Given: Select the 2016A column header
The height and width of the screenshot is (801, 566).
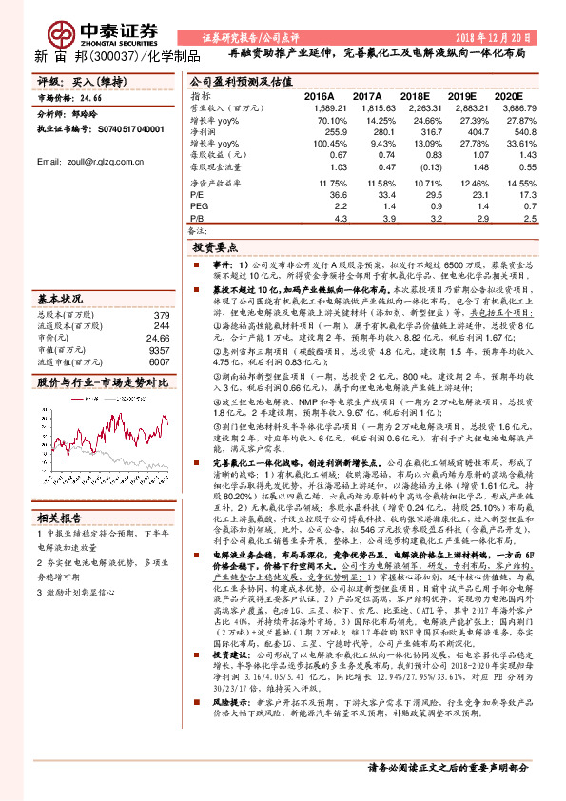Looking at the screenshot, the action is pyautogui.click(x=319, y=97).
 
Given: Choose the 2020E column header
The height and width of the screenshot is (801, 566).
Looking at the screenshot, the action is pyautogui.click(x=509, y=97).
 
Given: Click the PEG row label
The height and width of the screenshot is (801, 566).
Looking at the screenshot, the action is pyautogui.click(x=198, y=205).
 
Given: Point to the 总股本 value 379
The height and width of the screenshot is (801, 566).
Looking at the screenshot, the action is pyautogui.click(x=161, y=316).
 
